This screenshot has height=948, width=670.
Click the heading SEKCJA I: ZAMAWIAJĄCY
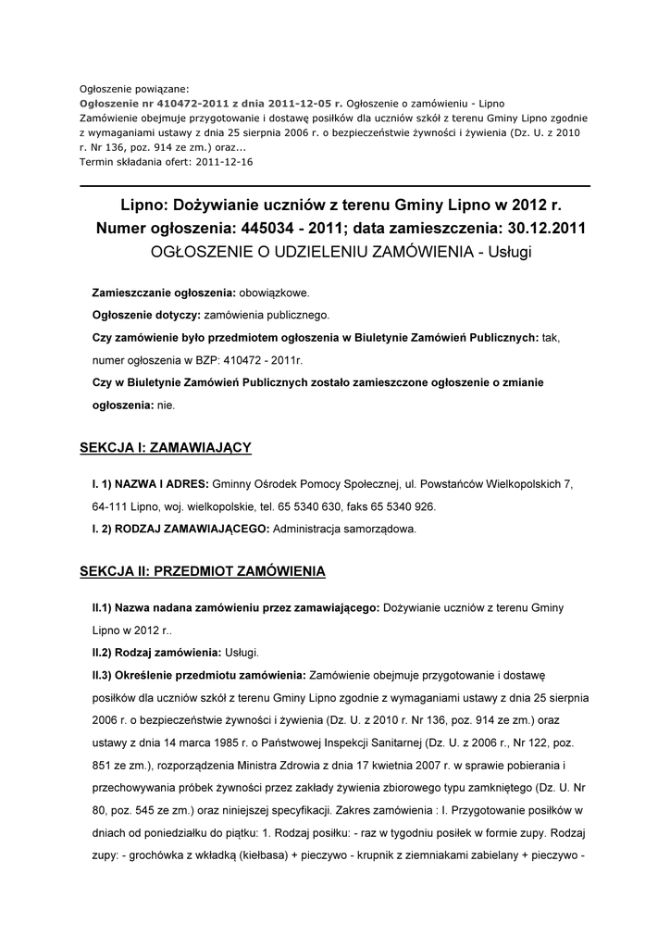[166, 448]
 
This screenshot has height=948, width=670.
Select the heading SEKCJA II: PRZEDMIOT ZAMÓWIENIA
[203, 572]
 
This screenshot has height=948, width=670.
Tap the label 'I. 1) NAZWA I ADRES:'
[150, 484]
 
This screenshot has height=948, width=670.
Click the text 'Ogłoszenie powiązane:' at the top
[134, 90]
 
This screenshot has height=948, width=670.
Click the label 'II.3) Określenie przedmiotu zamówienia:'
[198, 674]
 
